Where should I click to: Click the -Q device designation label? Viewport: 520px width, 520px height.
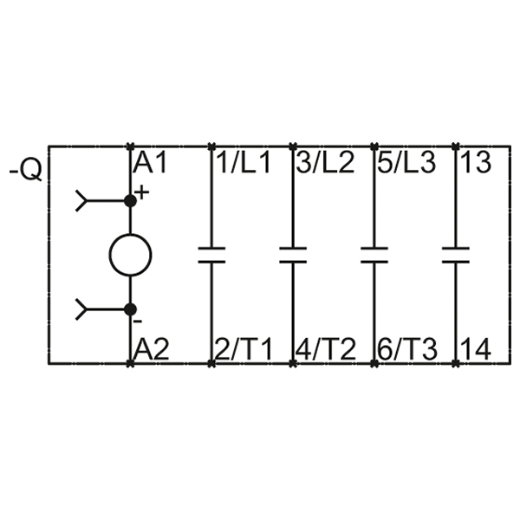(26, 170)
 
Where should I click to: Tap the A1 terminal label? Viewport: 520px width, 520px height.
(150, 163)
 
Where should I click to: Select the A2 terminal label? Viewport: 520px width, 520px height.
(152, 349)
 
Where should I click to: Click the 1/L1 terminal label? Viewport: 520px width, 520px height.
(244, 163)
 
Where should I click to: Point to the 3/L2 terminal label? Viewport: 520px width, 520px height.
(325, 163)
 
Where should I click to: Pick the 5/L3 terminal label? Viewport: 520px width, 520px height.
(406, 163)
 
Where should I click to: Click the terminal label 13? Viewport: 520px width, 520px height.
(476, 163)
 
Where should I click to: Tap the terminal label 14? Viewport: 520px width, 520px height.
(476, 349)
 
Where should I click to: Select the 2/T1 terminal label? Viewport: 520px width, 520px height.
(244, 349)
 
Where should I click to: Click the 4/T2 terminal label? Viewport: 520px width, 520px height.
(325, 349)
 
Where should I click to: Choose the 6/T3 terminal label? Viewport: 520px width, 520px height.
(407, 349)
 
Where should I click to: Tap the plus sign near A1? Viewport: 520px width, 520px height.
(142, 192)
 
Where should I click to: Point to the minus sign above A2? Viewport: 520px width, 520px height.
(137, 321)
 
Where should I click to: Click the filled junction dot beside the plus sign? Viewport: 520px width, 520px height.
(130, 201)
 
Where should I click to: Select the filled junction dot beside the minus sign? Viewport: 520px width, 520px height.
(130, 309)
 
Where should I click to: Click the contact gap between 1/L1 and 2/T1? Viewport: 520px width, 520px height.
(211, 255)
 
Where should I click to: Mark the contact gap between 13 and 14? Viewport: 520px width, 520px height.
(456, 255)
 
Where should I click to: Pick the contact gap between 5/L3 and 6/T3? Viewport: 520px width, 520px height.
(374, 255)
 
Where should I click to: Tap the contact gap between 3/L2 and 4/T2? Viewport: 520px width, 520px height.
(293, 255)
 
